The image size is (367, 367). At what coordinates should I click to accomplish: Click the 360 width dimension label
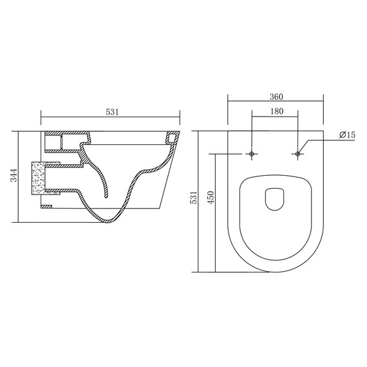pos(276,97)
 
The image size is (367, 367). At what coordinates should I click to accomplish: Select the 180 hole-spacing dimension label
pos(277,111)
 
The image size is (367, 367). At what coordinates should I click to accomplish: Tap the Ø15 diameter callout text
pos(347,135)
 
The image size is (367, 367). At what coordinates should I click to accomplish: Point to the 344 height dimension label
pos(15,175)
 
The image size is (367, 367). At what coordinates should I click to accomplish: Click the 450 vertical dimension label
pos(211,197)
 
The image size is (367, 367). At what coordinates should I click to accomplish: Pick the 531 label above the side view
pos(112,112)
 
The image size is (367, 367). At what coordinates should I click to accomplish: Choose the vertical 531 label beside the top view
pos(194,197)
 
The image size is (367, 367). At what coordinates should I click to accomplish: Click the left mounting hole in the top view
pos(252,154)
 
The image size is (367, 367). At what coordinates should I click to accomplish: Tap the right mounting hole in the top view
pos(297,154)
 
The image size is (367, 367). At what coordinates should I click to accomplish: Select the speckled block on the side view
pos(38,178)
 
